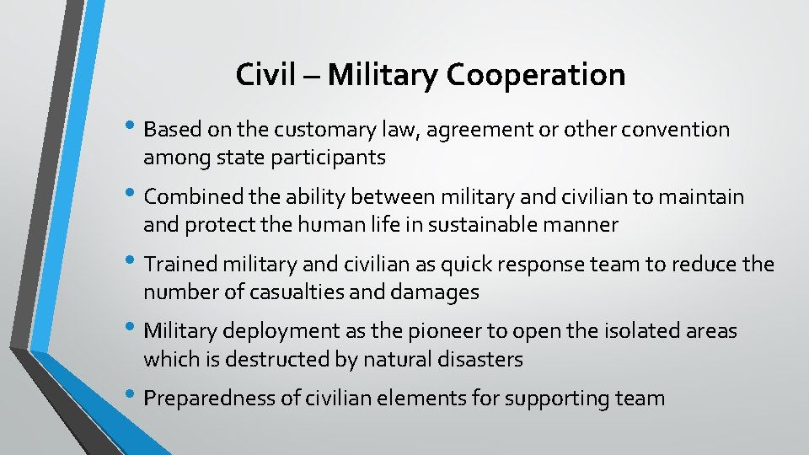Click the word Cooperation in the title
pyautogui.click(x=536, y=76)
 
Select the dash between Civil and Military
pyautogui.click(x=313, y=77)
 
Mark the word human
pyautogui.click(x=329, y=225)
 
